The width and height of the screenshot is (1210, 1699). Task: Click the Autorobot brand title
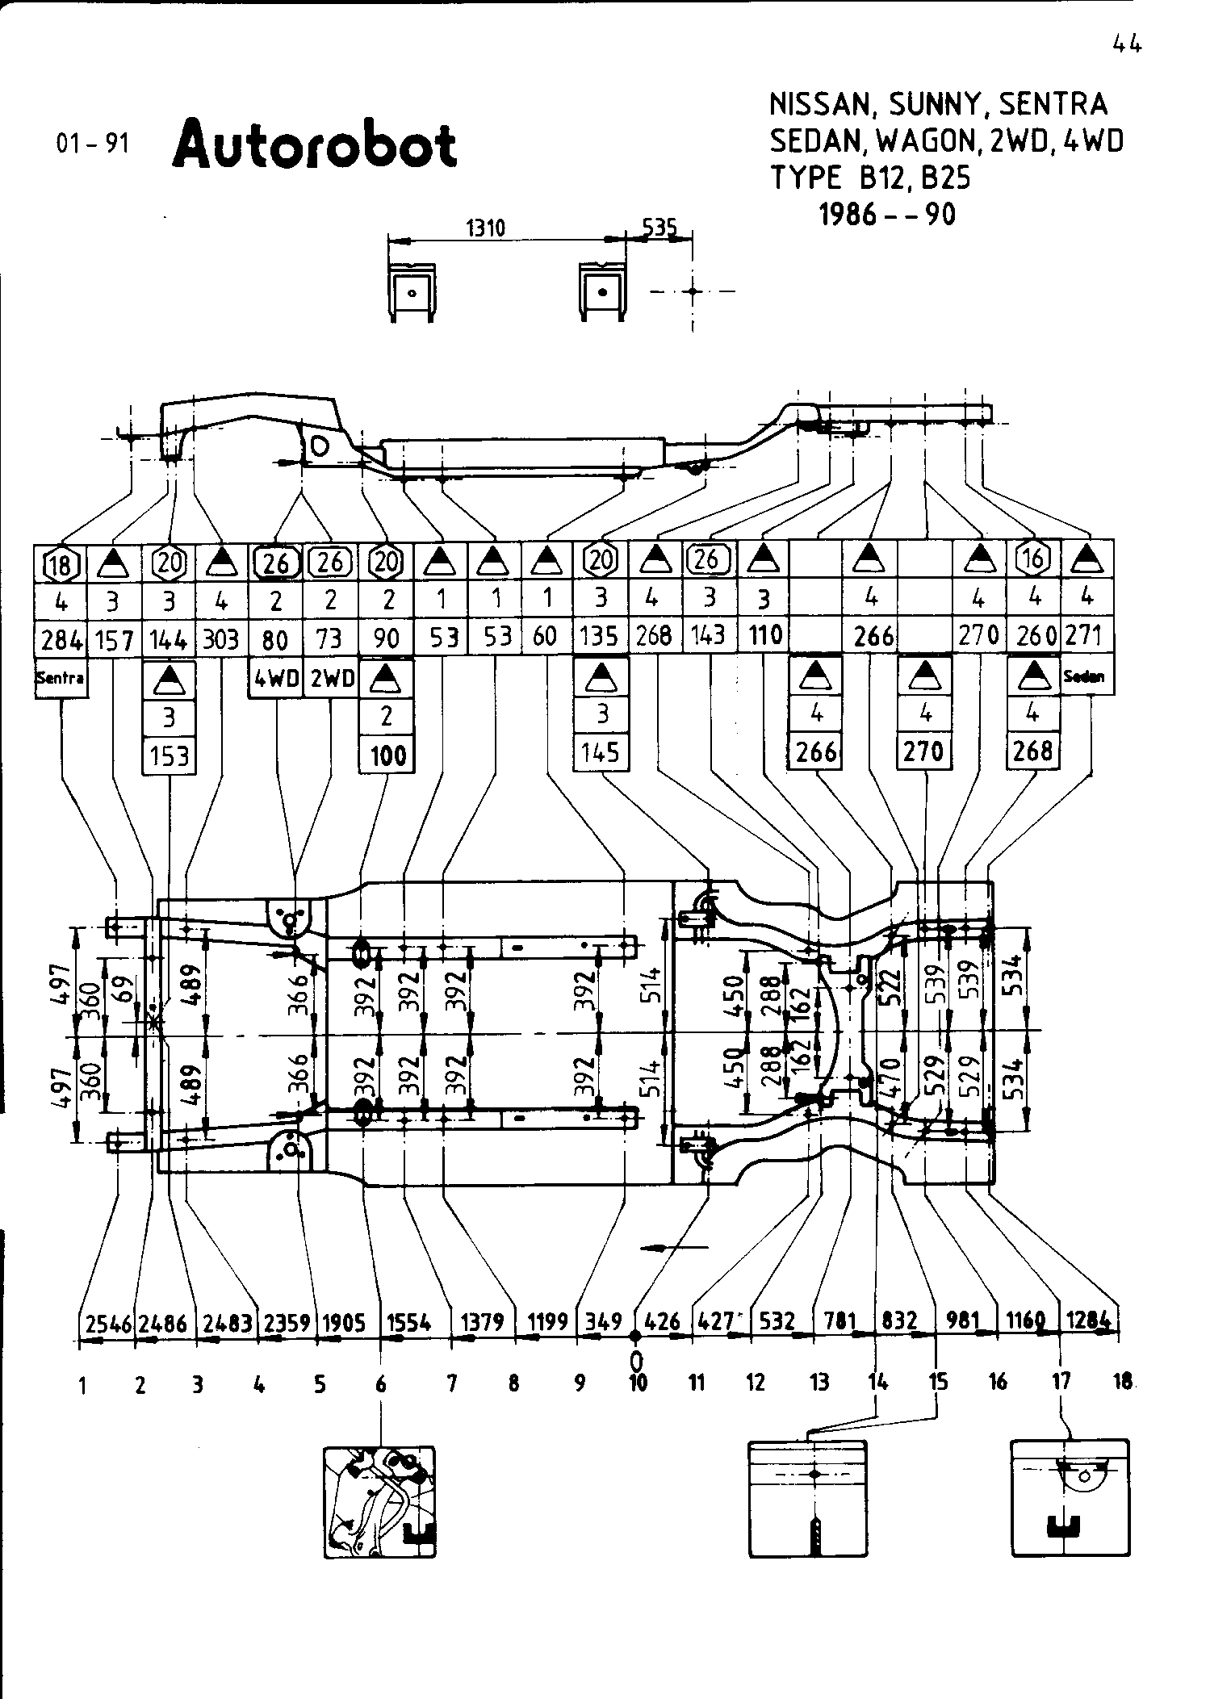(315, 144)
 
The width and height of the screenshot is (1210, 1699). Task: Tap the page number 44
(1127, 45)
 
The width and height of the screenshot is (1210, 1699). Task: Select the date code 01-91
(92, 144)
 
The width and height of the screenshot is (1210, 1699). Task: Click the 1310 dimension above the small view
(486, 228)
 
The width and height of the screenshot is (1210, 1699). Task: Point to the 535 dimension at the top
(659, 228)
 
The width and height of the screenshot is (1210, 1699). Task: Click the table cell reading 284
(61, 639)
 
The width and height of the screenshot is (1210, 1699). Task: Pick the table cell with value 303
(221, 639)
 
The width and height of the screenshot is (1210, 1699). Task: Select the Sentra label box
(61, 678)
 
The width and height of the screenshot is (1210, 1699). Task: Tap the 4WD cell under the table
(276, 679)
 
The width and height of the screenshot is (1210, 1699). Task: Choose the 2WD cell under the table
(331, 679)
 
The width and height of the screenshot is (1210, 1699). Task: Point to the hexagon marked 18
(61, 563)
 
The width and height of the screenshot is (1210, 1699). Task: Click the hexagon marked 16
(1033, 559)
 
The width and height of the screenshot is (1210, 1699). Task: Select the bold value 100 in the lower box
(387, 756)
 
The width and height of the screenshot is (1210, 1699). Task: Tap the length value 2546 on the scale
(108, 1322)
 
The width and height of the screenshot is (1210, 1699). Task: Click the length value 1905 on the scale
(344, 1322)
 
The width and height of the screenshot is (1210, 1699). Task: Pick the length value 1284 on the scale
(1088, 1320)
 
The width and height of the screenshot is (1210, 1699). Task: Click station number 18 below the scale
(1121, 1381)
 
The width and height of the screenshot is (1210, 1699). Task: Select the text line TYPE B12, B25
(870, 178)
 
